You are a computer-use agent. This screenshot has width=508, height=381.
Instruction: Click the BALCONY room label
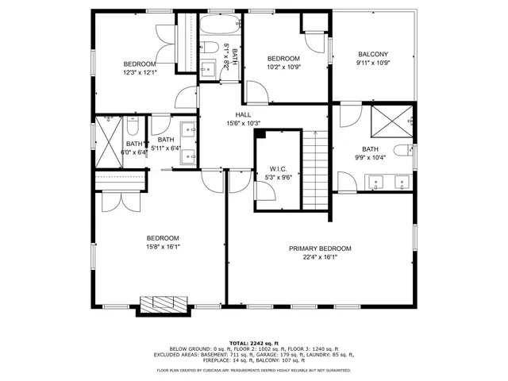click(x=371, y=54)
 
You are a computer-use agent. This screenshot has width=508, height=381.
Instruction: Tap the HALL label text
click(x=243, y=114)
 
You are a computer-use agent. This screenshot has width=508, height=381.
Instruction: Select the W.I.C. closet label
click(x=278, y=168)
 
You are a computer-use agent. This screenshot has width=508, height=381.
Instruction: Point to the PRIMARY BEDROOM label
click(x=320, y=248)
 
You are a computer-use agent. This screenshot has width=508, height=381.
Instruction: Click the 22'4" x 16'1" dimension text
click(x=320, y=257)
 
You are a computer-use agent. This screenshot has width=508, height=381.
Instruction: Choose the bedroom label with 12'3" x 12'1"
click(x=139, y=63)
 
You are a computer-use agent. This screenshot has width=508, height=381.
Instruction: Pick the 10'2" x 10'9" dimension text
click(x=283, y=67)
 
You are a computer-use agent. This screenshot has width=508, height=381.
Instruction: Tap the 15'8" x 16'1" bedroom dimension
click(x=162, y=247)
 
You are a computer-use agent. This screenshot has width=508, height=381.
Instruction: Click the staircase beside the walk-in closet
click(x=316, y=171)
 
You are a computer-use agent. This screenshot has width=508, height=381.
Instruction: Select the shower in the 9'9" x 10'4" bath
click(x=394, y=121)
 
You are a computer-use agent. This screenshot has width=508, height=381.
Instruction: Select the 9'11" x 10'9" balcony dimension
click(x=371, y=63)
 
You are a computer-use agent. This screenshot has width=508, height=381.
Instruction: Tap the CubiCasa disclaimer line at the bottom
click(x=253, y=370)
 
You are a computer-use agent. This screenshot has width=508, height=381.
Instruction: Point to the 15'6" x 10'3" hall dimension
click(x=243, y=123)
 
